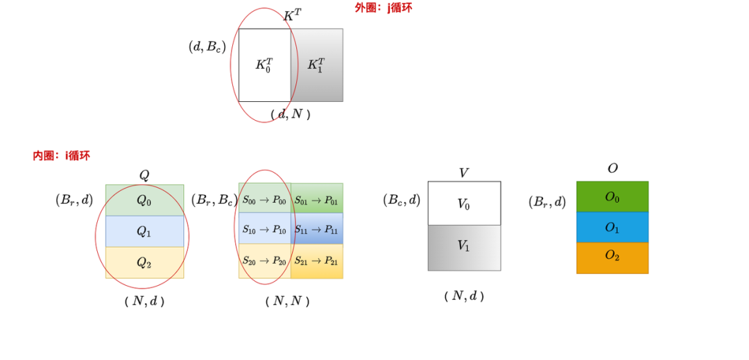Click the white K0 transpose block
click(x=264, y=65)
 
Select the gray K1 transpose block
click(x=317, y=65)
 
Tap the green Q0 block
click(x=144, y=200)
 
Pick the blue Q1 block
click(x=144, y=231)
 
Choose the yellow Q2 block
click(x=144, y=262)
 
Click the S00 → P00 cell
click(x=264, y=200)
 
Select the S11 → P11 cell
click(x=316, y=230)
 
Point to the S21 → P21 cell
click(x=316, y=261)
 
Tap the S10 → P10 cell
click(x=264, y=230)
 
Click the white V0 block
click(x=464, y=204)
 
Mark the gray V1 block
click(x=464, y=247)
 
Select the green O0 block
click(x=612, y=197)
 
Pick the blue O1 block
click(x=612, y=228)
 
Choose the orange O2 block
click(x=612, y=257)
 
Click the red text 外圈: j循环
click(x=384, y=8)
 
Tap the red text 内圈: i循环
click(x=61, y=155)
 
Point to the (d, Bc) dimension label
click(x=207, y=46)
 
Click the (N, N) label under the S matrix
click(x=287, y=301)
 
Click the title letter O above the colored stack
click(x=612, y=169)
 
